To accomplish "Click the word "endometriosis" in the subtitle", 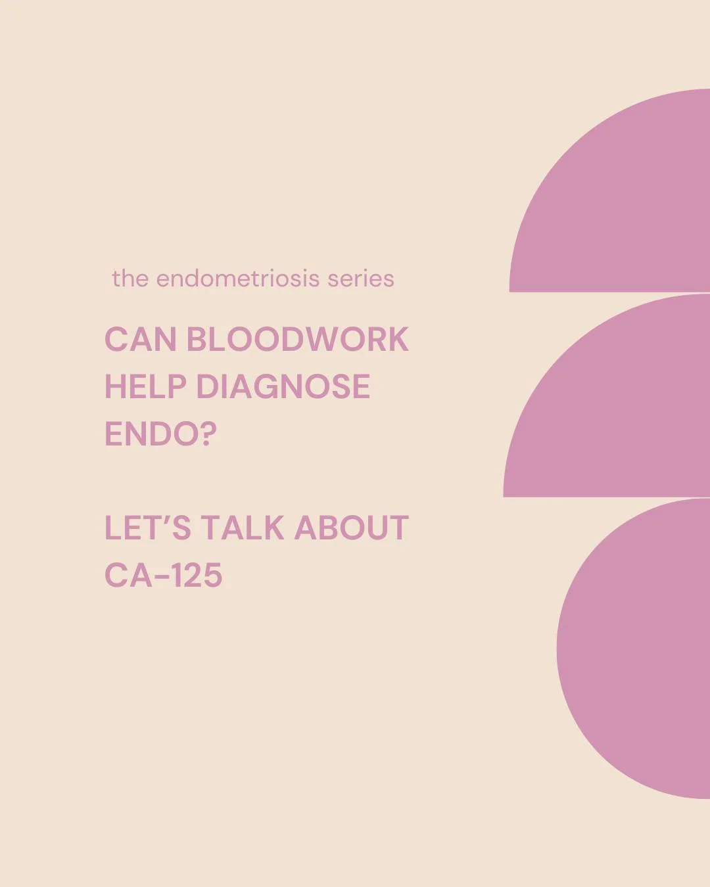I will point(238,279).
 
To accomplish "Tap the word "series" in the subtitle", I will point(361,279).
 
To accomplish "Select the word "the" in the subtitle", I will point(130,279).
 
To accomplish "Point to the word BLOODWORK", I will point(297,340).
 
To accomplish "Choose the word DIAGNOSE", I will point(283,386).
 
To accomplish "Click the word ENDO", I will point(151,434).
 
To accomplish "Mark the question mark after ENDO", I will point(208,434).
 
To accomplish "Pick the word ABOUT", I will point(351,528).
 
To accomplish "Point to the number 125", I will point(197,576).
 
